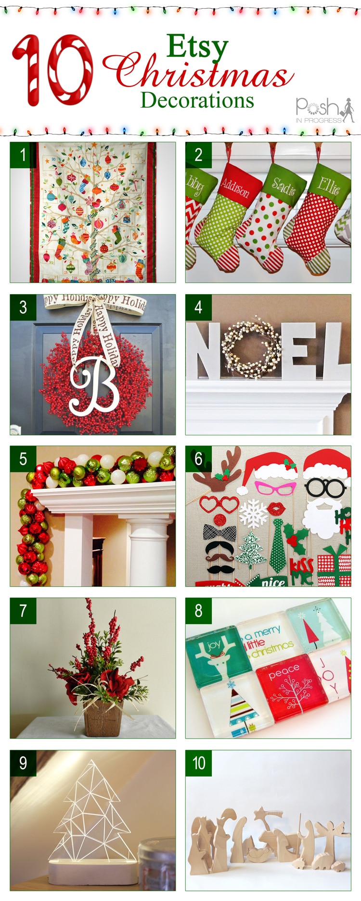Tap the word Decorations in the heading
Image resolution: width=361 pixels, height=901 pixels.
(197, 100)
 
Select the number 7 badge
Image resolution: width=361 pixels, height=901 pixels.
(23, 611)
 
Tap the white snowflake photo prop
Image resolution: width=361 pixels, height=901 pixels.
(254, 513)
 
